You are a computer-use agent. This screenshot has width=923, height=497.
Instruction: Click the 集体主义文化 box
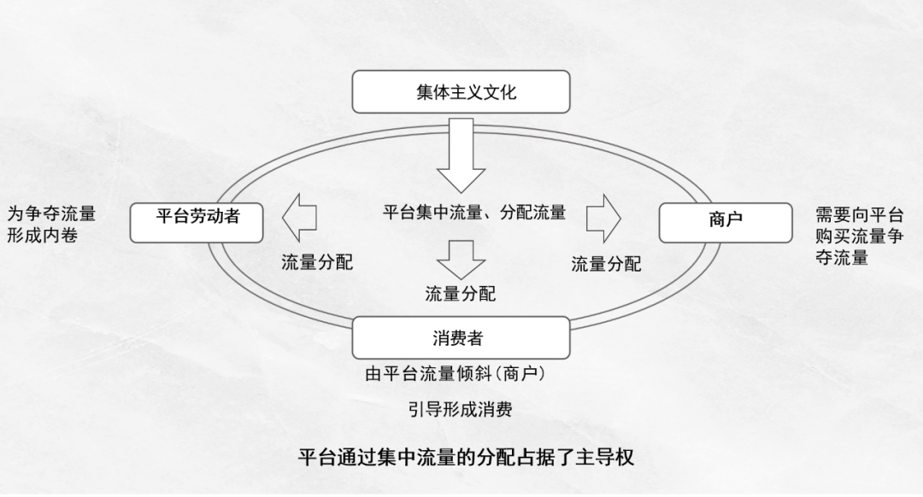pos(461,91)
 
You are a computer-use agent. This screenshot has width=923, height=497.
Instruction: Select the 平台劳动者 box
pos(197,221)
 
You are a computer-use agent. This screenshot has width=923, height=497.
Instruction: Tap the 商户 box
pos(726,221)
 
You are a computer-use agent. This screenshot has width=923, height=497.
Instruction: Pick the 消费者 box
pos(461,337)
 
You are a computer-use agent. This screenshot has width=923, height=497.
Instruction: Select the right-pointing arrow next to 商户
pos(603,219)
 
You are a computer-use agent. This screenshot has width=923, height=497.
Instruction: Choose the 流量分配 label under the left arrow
pos(317,262)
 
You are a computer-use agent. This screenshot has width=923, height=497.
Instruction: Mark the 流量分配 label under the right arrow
pos(606,264)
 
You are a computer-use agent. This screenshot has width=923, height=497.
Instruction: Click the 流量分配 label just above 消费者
pos(461,295)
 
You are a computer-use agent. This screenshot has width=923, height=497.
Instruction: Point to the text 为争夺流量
pos(51,213)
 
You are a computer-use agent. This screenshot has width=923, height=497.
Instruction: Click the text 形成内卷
pos(43,235)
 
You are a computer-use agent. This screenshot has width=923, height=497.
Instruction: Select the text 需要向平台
pos(859,215)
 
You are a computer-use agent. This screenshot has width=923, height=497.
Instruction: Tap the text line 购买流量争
pos(859,237)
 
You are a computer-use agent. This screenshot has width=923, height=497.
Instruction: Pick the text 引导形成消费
pos(461,409)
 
